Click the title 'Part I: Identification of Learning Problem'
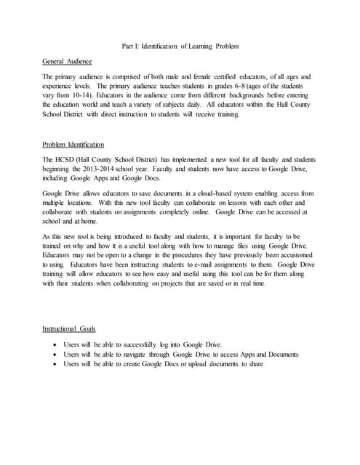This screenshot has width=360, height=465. click(180, 47)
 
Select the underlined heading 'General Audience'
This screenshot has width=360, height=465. click(67, 62)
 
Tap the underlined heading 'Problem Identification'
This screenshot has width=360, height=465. click(73, 144)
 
